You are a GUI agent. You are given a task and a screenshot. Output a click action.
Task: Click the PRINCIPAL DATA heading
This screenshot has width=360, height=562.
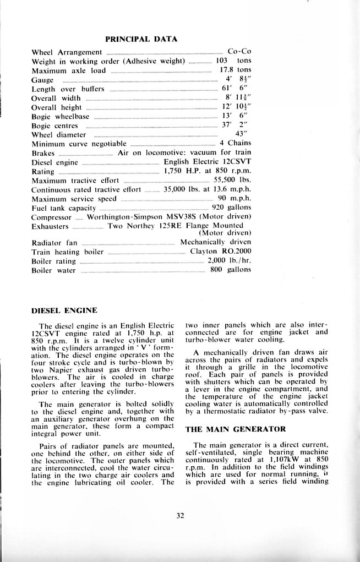click(x=141, y=39)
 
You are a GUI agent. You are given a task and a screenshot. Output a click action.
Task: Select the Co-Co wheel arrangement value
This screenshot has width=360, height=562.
click(x=239, y=52)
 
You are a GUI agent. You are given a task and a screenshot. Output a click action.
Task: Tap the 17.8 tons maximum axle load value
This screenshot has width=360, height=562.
click(x=235, y=70)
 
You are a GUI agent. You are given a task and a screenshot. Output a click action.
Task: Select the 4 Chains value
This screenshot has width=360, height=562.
click(x=235, y=143)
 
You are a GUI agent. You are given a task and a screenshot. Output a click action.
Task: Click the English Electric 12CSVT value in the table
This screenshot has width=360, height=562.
click(x=208, y=161)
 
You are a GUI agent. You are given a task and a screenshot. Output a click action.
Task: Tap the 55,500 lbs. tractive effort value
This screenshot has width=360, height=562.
click(x=232, y=179)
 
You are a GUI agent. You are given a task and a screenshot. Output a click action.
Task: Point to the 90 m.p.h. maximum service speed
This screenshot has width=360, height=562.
click(x=234, y=198)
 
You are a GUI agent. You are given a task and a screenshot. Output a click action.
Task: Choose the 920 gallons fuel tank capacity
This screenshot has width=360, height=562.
click(x=231, y=207)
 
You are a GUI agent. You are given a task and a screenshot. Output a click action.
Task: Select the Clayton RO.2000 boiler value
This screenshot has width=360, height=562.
click(x=220, y=252)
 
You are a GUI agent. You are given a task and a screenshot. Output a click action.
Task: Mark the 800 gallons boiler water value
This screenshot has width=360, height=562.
click(x=231, y=270)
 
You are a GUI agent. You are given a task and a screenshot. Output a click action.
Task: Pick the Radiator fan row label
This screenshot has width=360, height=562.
click(x=54, y=242)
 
